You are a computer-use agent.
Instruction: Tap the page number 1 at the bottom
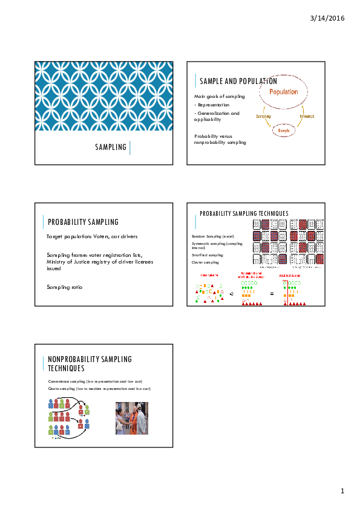(x=342, y=490)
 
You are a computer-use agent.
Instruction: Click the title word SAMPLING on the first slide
(x=111, y=147)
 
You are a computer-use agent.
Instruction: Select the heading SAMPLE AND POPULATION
(x=238, y=81)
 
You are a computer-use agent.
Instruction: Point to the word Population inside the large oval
(x=284, y=92)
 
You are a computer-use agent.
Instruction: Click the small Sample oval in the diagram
(x=283, y=131)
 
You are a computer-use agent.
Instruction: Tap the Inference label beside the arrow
(x=307, y=116)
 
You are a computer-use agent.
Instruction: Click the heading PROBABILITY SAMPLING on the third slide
(x=83, y=222)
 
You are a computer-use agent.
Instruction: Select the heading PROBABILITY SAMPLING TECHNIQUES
(x=244, y=213)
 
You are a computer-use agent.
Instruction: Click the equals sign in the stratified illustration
(x=272, y=294)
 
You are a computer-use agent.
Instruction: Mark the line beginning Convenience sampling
(x=99, y=382)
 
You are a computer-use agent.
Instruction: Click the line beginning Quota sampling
(x=99, y=389)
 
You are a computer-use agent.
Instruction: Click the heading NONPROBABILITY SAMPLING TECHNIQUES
(x=90, y=363)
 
